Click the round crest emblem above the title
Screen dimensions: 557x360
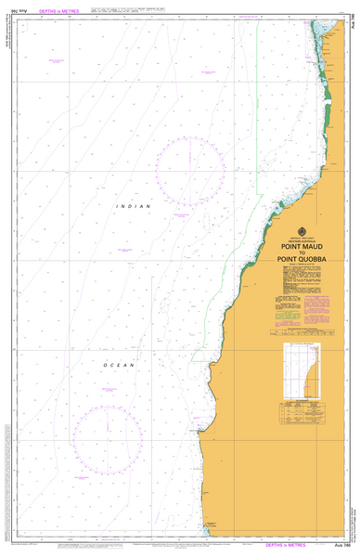300,232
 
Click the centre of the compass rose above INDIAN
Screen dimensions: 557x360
190,168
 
